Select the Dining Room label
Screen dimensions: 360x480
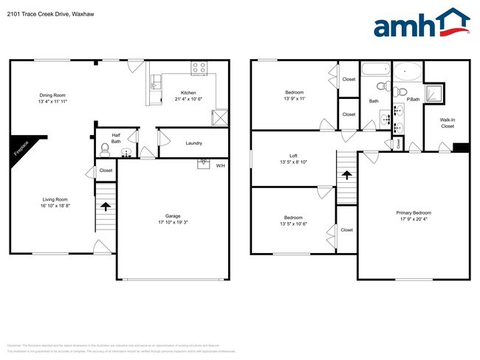coord(53,95)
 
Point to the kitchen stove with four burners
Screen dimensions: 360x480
coord(199,68)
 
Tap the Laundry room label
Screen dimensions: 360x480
coord(193,143)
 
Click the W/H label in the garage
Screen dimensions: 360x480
coord(221,165)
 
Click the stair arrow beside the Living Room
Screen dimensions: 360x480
coord(105,207)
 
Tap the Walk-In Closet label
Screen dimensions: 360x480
coord(448,122)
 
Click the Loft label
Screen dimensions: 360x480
coord(293,156)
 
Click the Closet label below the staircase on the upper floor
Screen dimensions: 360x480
coord(347,230)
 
